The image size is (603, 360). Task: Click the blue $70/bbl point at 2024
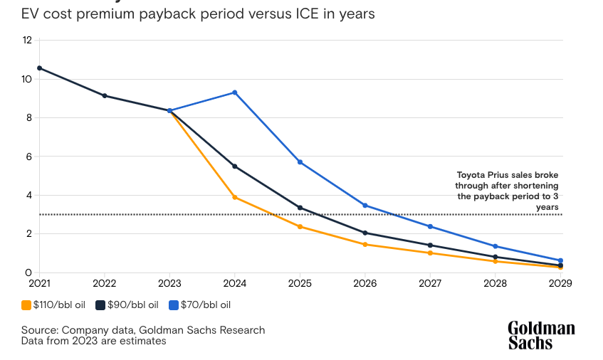pos(235,92)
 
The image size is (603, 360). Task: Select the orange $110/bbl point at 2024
pos(235,197)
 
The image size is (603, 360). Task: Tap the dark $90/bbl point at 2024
pos(235,166)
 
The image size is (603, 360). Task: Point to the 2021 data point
pos(39,68)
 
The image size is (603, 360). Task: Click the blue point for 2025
pos(300,162)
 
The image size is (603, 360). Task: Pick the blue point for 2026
pos(365,206)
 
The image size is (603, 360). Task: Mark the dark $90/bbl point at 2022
pos(105,95)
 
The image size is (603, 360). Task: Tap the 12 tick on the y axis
pos(27,40)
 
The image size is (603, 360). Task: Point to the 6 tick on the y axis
pos(28,157)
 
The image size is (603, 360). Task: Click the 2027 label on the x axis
pos(430,282)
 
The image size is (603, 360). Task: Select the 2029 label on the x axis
pos(560,282)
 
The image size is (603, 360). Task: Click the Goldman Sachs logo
pos(541,335)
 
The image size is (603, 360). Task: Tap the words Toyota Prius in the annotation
pos(480,174)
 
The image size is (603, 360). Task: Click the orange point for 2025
pos(300,227)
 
